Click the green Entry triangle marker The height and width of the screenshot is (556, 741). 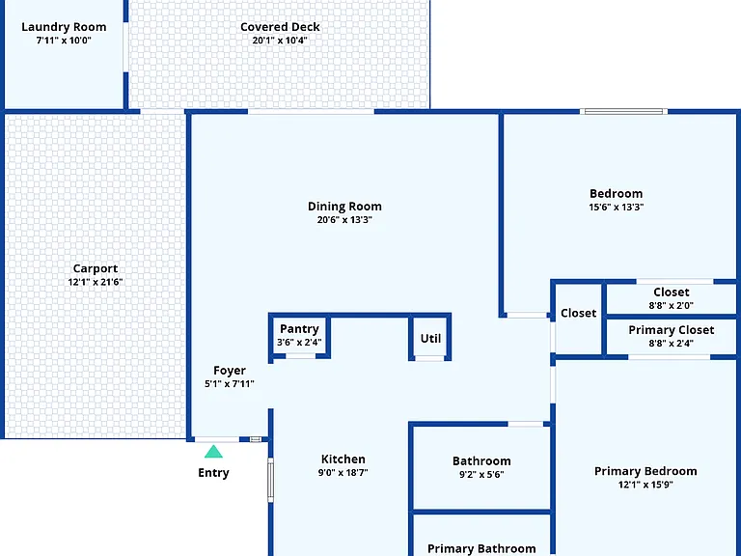[213, 452]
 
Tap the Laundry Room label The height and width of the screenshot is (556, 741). [64, 27]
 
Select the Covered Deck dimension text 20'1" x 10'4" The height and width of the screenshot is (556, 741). [280, 41]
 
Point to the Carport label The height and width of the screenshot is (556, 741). [96, 268]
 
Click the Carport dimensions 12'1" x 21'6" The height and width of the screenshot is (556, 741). [96, 282]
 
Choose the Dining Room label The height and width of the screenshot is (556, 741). [344, 207]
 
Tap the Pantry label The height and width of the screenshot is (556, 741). [299, 329]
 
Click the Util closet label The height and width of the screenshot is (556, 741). [430, 339]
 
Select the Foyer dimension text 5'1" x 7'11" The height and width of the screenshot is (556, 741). [230, 384]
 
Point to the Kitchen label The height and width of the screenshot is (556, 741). [343, 459]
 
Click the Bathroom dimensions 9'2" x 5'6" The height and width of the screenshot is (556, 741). [481, 475]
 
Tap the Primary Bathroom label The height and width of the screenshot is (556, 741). [481, 549]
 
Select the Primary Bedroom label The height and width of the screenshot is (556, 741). [645, 471]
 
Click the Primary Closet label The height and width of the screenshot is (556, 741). [672, 330]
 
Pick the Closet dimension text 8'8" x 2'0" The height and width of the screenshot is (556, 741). [672, 305]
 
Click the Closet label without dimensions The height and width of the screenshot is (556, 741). [579, 313]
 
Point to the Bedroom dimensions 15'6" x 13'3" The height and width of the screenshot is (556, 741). [617, 208]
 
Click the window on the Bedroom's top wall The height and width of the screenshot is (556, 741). [624, 112]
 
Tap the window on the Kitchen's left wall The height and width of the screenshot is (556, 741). [271, 481]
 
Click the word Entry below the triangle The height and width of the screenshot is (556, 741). [213, 473]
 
